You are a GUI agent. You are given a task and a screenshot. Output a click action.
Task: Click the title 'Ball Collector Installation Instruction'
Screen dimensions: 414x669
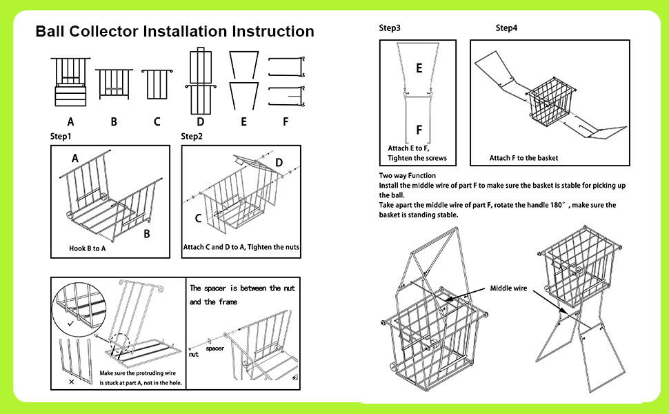tap(174, 32)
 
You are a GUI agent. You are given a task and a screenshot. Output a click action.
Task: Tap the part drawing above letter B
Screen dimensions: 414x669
tap(113, 85)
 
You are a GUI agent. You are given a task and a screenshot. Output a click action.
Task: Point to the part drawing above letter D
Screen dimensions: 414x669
tap(199, 82)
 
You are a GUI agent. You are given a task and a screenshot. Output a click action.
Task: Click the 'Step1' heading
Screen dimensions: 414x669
tap(61, 137)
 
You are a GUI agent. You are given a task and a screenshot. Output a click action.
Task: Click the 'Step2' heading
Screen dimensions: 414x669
tap(192, 137)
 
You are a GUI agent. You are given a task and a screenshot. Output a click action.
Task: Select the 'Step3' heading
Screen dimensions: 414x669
tap(390, 28)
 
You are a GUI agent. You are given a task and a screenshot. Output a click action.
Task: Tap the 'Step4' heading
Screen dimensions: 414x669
tap(506, 28)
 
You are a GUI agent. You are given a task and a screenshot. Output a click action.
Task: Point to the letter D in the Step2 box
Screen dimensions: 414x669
tap(279, 162)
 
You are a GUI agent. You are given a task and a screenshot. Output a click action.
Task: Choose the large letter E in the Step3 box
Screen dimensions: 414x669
tap(419, 68)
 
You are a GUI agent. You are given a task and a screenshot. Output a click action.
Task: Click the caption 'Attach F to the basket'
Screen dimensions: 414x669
tap(523, 158)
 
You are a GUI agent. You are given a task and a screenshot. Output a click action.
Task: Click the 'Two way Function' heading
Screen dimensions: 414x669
tap(408, 176)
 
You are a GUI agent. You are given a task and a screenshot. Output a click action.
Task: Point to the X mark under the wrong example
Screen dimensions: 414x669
tap(72, 381)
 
